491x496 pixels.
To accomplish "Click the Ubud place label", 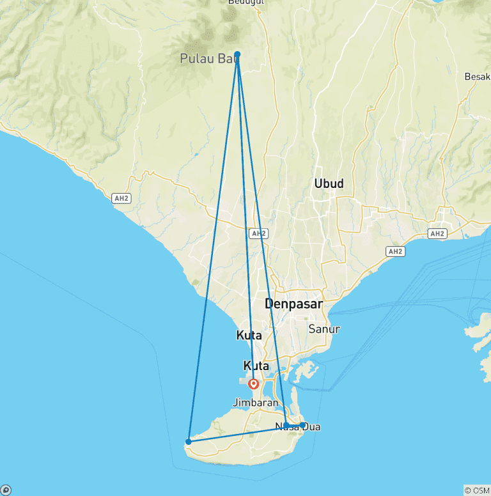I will point(329,184).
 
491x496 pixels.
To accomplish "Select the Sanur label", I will point(324,329).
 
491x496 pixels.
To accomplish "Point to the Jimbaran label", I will point(256,403).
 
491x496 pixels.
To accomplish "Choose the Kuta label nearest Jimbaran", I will point(256,366).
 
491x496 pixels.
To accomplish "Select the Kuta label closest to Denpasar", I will point(249,335).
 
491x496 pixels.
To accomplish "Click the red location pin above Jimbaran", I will point(254,384).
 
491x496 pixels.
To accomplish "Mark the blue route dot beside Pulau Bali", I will point(237,54).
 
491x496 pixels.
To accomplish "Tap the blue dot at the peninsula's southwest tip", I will point(188,442).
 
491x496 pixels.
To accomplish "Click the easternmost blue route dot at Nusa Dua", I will point(302,425).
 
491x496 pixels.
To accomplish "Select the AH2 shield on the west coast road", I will point(121,198).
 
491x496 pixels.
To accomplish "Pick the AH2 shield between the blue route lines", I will point(258,233).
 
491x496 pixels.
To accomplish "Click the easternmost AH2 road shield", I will point(437,234).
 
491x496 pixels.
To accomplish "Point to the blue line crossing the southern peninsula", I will point(237,433).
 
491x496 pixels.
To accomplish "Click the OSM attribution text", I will point(476,490).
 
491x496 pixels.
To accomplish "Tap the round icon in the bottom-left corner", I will point(6,490).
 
